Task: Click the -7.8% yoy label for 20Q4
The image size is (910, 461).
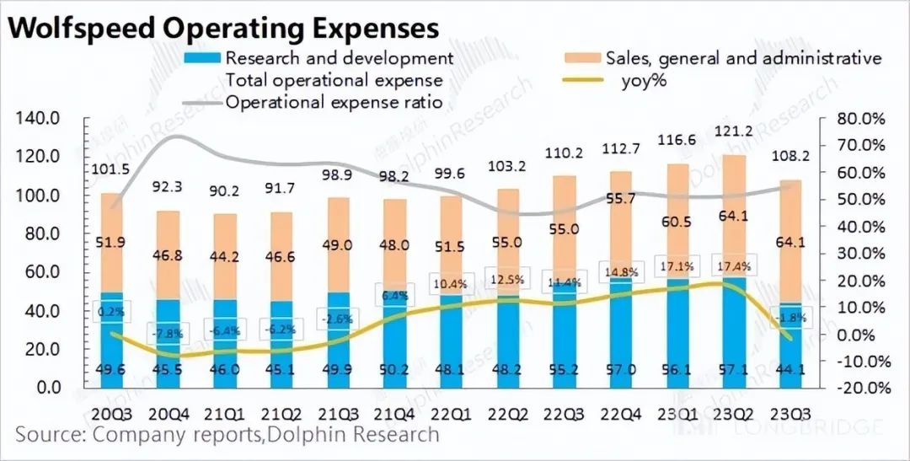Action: [165, 333]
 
